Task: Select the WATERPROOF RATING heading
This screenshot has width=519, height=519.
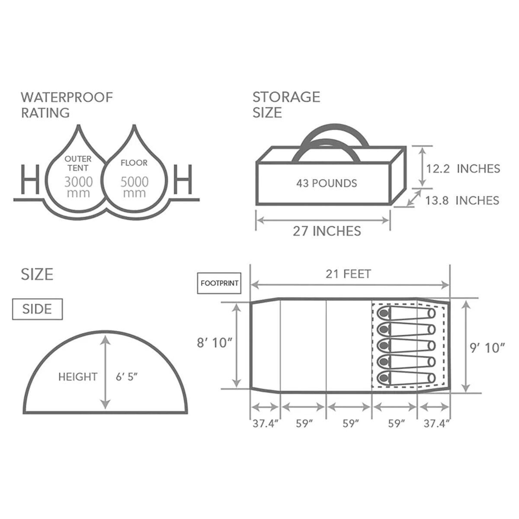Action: pos(67,105)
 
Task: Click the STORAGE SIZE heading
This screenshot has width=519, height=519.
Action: pos(286,105)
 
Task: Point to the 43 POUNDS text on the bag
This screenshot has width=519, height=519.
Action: pos(327,183)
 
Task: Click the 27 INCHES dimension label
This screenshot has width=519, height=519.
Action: pos(327,231)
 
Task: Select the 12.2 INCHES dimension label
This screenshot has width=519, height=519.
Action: pos(463,168)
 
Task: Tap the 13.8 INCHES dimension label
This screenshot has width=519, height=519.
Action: pos(462,200)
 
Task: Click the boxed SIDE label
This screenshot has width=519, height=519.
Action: pos(37,309)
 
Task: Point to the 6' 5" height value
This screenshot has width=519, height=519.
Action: pos(126,377)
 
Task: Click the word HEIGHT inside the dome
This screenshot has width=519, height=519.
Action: pos(78,377)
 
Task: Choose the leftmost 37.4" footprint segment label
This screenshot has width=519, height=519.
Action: pos(265,423)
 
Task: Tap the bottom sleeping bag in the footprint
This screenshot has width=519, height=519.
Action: pos(406,377)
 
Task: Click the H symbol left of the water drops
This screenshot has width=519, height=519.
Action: pos(30,179)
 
